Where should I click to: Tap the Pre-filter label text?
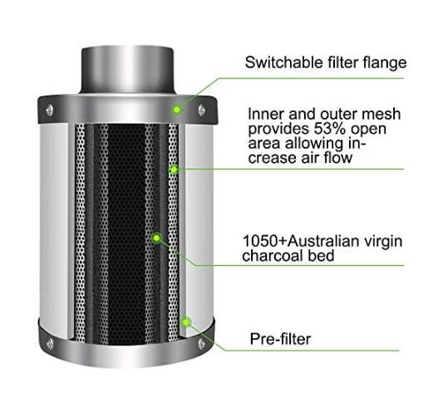pyautogui.click(x=280, y=339)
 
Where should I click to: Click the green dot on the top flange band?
pyautogui.click(x=177, y=110)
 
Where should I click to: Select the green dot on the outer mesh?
pyautogui.click(x=174, y=170)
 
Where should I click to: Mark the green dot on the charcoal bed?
pyautogui.click(x=156, y=238)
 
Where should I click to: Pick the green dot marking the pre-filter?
pyautogui.click(x=186, y=322)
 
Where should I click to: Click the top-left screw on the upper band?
pyautogui.click(x=49, y=110)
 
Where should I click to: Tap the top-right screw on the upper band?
pyautogui.click(x=202, y=110)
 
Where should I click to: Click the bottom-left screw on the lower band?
pyautogui.click(x=50, y=343)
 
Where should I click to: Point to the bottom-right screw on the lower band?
pyautogui.click(x=202, y=343)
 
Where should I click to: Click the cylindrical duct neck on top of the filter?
pyautogui.click(x=127, y=70)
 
